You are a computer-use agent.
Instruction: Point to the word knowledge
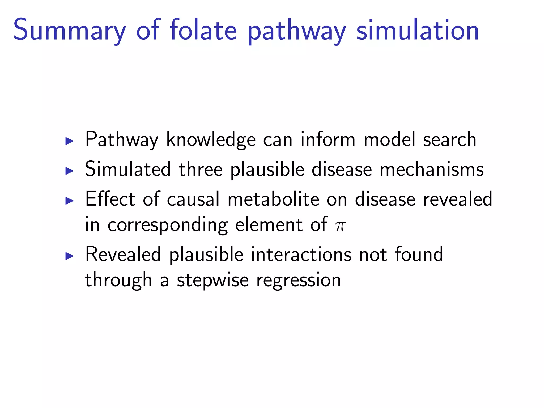click(x=211, y=140)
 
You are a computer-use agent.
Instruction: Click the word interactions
click(x=301, y=254)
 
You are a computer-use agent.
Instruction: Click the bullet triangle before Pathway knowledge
click(x=69, y=141)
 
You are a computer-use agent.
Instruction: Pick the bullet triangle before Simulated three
click(x=69, y=171)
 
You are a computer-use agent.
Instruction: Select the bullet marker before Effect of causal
click(x=69, y=201)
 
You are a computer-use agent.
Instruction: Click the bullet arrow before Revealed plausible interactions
click(x=69, y=256)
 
